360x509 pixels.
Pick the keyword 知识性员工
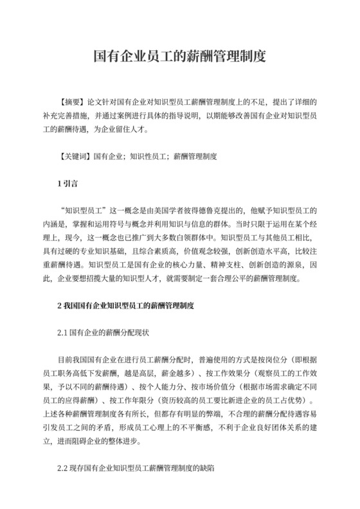pyautogui.click(x=148, y=156)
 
